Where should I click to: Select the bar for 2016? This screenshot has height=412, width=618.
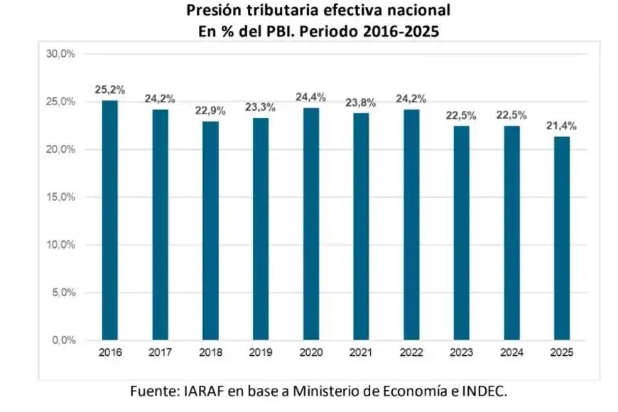(110, 220)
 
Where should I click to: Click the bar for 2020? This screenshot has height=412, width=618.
(310, 224)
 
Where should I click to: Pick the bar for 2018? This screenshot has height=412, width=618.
(210, 231)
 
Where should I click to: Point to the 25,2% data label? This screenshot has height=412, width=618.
(110, 90)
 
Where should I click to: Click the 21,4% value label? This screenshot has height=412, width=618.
(561, 126)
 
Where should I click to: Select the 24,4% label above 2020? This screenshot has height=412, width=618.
(310, 97)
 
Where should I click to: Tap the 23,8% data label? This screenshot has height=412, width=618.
(361, 103)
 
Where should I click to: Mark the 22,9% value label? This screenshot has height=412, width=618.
(210, 111)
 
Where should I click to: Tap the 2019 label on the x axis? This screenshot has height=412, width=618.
(261, 352)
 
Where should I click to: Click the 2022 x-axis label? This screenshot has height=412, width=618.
(411, 352)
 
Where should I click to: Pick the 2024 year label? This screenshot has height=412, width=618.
(511, 352)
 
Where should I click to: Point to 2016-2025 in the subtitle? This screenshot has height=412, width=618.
(401, 31)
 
